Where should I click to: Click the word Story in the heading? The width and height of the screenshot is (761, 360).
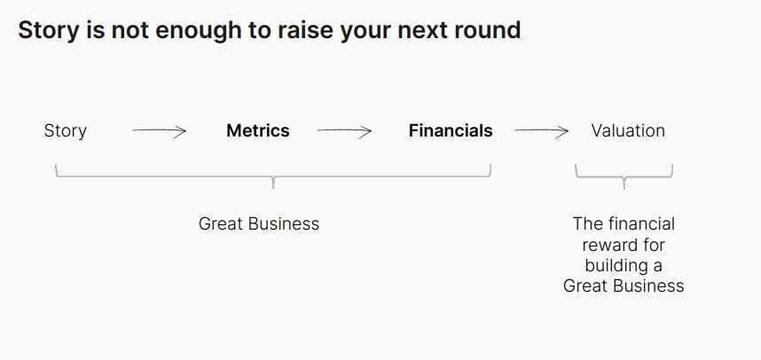(49, 31)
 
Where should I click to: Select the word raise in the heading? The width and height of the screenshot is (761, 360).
(306, 30)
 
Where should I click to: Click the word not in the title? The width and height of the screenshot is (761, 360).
(130, 30)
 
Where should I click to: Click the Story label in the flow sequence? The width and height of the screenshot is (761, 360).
(65, 131)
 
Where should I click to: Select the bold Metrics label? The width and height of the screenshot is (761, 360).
(258, 130)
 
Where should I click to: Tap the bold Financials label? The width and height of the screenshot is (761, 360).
(451, 130)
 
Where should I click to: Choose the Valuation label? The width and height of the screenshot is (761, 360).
(628, 130)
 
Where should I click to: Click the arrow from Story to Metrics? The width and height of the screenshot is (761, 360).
(159, 131)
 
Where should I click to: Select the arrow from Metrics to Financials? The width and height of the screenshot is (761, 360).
(345, 131)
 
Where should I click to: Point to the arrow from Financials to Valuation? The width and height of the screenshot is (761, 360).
(542, 131)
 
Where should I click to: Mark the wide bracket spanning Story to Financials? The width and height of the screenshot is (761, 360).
(273, 176)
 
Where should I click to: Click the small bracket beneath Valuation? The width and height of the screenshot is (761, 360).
(624, 177)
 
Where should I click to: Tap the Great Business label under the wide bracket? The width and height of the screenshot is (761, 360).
(259, 223)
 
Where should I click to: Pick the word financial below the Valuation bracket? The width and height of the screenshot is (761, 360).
(641, 223)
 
